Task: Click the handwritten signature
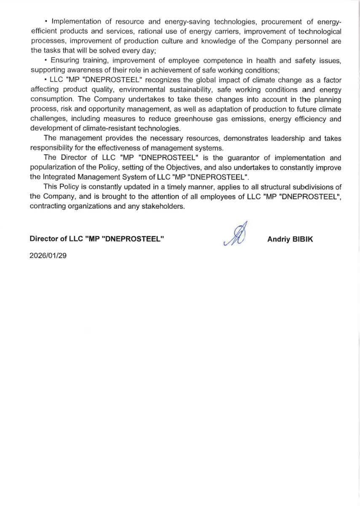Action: pos(236,235)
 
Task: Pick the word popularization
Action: pos(52,167)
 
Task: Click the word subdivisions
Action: pos(312,187)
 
